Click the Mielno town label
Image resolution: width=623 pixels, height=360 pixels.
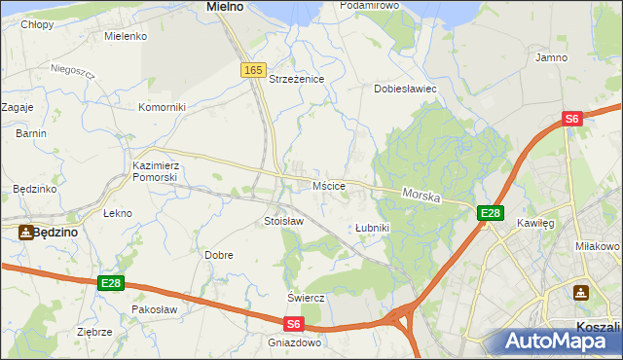tap(225, 7)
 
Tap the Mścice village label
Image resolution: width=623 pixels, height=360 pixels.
tap(329, 186)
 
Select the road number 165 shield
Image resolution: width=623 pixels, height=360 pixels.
tap(253, 70)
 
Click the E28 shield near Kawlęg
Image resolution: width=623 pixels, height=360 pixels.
tap(490, 213)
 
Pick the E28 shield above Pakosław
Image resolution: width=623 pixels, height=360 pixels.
tap(111, 283)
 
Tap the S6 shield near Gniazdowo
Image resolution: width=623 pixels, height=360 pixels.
tap(295, 323)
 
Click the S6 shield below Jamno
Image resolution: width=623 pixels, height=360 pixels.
tap(572, 119)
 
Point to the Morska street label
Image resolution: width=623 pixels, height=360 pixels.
tap(421, 196)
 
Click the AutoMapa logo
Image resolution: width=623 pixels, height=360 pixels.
tap(562, 341)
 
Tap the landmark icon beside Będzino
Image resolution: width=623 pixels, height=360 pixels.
tap(24, 232)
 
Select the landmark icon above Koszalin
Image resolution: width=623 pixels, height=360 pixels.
tap(581, 292)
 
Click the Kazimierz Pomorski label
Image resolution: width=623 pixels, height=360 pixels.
tap(155, 172)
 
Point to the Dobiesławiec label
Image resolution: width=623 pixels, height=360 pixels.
tap(406, 89)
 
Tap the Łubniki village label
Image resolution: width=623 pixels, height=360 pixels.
tap(372, 228)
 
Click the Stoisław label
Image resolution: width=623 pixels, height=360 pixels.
tap(284, 221)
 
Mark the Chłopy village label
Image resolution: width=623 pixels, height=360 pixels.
tap(38, 25)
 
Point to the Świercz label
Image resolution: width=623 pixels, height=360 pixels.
tap(305, 297)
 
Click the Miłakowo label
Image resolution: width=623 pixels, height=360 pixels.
tap(598, 247)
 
